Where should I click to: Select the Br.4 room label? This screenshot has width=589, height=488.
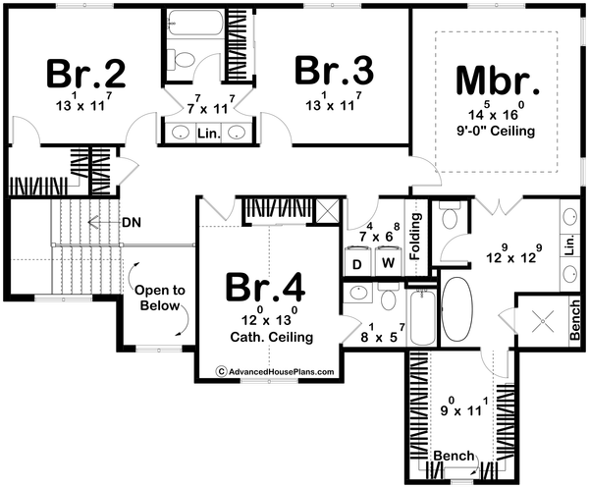(x=267, y=288)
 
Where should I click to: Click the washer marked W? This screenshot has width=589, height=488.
(x=388, y=263)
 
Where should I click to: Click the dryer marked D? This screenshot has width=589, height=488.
(x=356, y=263)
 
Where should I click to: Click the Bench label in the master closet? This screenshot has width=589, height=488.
(x=454, y=456)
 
